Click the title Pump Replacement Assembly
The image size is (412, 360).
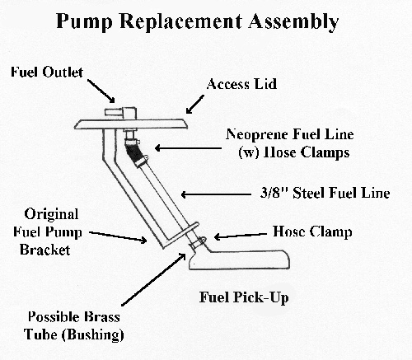pyautogui.click(x=197, y=21)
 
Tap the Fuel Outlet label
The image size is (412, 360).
pyautogui.click(x=47, y=72)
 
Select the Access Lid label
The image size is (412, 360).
pyautogui.click(x=241, y=84)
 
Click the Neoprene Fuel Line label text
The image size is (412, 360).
pyautogui.click(x=289, y=143)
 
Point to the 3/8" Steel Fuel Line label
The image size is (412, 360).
pyautogui.click(x=325, y=193)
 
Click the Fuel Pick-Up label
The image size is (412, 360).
pyautogui.click(x=244, y=297)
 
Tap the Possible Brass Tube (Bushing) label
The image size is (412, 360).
pyautogui.click(x=74, y=325)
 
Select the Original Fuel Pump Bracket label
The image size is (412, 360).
pyautogui.click(x=47, y=232)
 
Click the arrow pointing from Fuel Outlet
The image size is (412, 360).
pyautogui.click(x=101, y=91)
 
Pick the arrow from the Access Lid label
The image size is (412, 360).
pyautogui.click(x=195, y=104)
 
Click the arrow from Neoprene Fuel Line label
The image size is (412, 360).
pyautogui.click(x=188, y=148)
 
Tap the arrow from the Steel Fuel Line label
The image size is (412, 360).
pyautogui.click(x=216, y=194)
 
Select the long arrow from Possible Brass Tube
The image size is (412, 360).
pyautogui.click(x=153, y=279)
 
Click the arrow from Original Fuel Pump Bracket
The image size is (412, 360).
pyautogui.click(x=118, y=237)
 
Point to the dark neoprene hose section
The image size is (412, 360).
pyautogui.click(x=132, y=152)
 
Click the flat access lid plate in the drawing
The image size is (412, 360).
pyautogui.click(x=131, y=124)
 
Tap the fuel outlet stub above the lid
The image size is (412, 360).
pyautogui.click(x=120, y=113)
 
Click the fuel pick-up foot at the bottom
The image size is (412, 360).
pyautogui.click(x=239, y=259)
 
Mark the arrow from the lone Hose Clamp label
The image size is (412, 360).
pyautogui.click(x=241, y=236)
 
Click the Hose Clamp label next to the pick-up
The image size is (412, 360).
pyautogui.click(x=312, y=231)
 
